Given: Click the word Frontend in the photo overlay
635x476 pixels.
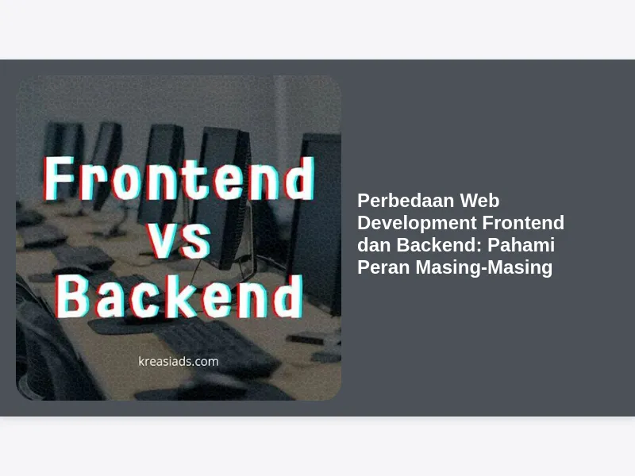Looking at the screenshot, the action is pyautogui.click(x=179, y=178).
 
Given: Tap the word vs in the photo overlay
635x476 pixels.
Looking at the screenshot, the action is pyautogui.click(x=179, y=242).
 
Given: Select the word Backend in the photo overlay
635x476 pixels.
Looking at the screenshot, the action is pyautogui.click(x=179, y=297).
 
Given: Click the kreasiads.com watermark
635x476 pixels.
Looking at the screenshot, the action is pyautogui.click(x=178, y=361).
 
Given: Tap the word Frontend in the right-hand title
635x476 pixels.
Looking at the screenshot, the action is pyautogui.click(x=523, y=223).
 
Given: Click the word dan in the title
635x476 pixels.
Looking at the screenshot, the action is pyautogui.click(x=374, y=245).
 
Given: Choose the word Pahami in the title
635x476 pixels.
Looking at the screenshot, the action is pyautogui.click(x=521, y=245).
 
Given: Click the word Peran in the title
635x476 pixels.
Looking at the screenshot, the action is pyautogui.click(x=383, y=267).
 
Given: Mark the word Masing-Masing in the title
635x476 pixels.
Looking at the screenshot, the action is pyautogui.click(x=484, y=267).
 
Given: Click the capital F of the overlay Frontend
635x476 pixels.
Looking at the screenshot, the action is pyautogui.click(x=59, y=178).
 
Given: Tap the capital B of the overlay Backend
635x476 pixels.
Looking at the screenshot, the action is pyautogui.click(x=72, y=297).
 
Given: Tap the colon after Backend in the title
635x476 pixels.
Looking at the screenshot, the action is pyautogui.click(x=479, y=247).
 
